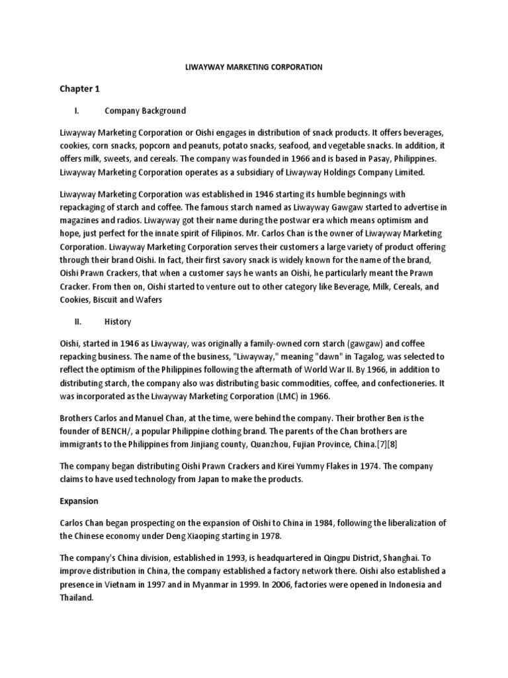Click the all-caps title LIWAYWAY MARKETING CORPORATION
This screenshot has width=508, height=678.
pos(253,67)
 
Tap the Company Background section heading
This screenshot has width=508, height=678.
pos(146,111)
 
